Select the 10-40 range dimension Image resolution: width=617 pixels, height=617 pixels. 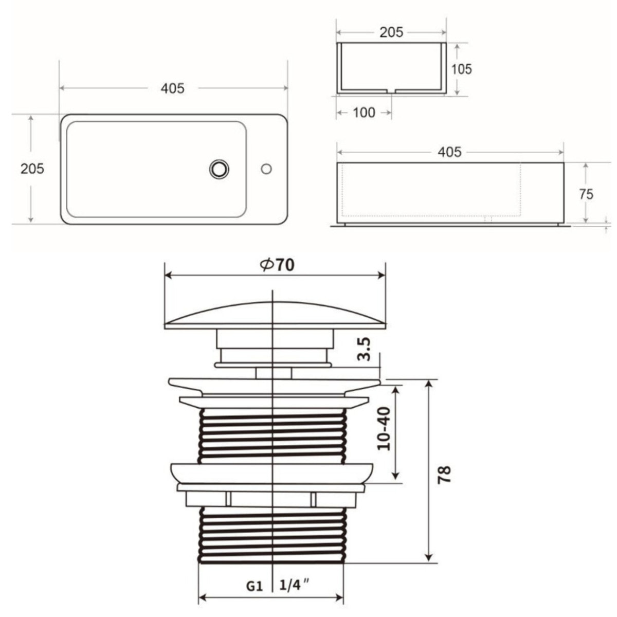(x=384, y=428)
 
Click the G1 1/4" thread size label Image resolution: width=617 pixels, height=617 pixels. (x=278, y=585)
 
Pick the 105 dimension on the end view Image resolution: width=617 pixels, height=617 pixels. (x=461, y=68)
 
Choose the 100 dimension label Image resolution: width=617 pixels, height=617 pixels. (x=364, y=112)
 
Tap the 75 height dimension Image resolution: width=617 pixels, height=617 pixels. (x=586, y=194)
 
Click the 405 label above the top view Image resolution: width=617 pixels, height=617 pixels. (x=172, y=88)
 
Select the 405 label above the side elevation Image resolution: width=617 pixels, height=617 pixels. (x=449, y=152)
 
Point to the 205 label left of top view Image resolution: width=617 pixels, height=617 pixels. (x=32, y=168)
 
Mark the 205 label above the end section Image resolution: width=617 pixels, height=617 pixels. (x=391, y=32)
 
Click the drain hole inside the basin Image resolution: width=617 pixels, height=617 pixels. (x=219, y=169)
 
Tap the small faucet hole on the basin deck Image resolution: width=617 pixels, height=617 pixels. (x=266, y=169)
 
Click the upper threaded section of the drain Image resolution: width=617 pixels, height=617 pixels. (x=272, y=435)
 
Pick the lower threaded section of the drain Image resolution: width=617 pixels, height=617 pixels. (x=272, y=535)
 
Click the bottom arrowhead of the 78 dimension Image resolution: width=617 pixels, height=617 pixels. (x=429, y=558)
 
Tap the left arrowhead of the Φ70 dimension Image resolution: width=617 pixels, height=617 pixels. (x=168, y=276)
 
